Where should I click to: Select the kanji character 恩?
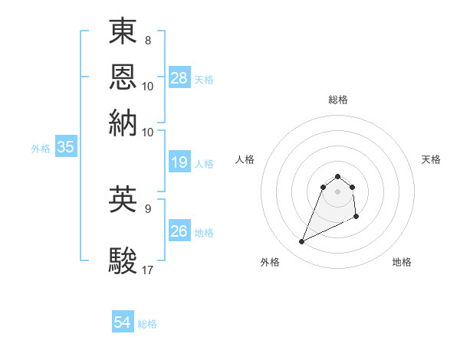123,76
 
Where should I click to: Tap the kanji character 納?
123,122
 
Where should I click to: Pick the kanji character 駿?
123,260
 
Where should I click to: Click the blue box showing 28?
179,78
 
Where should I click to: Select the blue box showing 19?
179,162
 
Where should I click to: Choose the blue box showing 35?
65,148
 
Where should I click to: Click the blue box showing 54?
123,323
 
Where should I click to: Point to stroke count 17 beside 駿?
148,270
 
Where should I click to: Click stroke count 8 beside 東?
148,40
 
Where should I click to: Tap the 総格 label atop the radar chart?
338,100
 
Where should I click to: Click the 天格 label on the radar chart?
431,159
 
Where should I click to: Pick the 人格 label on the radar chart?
245,159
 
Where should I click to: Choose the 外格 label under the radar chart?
270,263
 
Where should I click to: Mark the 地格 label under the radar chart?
402,263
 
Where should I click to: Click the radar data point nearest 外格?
302,242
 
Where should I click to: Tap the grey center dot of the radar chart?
338,191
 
